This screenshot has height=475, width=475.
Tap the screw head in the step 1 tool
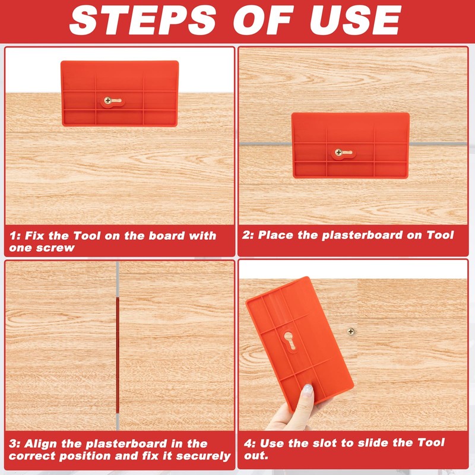tap(109, 101)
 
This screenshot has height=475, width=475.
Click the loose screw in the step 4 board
tap(351, 331)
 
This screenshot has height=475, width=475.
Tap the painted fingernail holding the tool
tap(308, 391)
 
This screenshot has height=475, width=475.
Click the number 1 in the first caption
tap(12, 236)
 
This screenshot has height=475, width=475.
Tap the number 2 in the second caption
tap(246, 236)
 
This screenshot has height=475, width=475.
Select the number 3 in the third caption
tap(12, 444)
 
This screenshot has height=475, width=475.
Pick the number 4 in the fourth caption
tap(246, 444)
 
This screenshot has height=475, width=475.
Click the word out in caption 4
tap(256, 456)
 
